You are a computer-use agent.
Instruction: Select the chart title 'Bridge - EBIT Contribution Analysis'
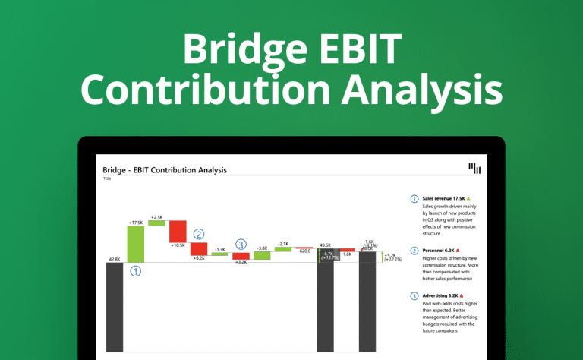point(164,170)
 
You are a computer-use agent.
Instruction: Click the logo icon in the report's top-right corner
point(474,169)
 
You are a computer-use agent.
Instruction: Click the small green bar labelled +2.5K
point(156,223)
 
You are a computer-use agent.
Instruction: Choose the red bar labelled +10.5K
point(178,231)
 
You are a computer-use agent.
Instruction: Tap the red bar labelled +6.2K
point(198,249)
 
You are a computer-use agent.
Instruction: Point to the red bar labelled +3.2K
point(241,256)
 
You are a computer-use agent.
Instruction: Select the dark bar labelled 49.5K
point(325,304)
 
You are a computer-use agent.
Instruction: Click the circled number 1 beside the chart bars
point(136,270)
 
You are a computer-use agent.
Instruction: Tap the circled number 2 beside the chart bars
point(199,235)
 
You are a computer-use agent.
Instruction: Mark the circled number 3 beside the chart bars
point(241,245)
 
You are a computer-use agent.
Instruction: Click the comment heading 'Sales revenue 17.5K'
point(443,197)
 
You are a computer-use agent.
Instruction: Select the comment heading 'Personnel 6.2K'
point(440,250)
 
